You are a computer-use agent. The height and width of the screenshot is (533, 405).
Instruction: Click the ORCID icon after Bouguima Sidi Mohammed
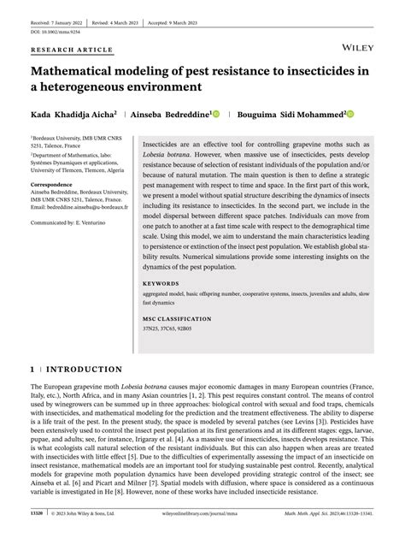click(x=374, y=113)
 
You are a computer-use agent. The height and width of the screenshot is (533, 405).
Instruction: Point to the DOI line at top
click(x=55, y=31)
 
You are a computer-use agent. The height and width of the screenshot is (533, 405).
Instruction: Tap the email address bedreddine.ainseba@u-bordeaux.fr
click(x=81, y=206)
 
